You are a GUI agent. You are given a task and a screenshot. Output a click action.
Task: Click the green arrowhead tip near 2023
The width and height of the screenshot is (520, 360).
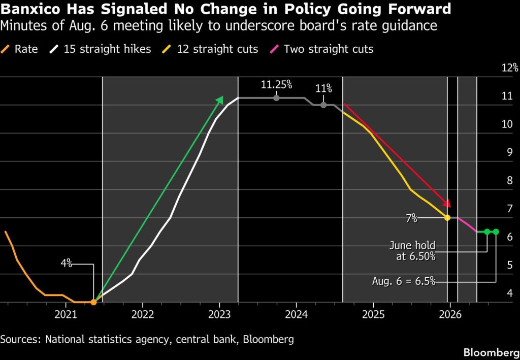(223, 96)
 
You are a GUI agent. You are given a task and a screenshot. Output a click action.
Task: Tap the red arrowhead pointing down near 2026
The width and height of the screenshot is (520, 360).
(447, 204)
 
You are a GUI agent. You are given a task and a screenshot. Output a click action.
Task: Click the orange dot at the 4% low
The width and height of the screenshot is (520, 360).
(93, 302)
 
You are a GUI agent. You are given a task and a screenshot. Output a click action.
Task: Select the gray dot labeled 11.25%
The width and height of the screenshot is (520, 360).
(276, 98)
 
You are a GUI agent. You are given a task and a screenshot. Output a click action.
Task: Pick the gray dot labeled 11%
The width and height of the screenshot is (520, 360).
(323, 105)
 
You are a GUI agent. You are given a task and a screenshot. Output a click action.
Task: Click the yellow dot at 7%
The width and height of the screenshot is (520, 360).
(447, 218)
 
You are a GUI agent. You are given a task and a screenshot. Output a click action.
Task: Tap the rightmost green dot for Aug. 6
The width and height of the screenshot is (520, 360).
(496, 232)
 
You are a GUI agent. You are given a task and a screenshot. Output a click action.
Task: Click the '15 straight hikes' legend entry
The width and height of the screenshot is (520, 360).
(100, 49)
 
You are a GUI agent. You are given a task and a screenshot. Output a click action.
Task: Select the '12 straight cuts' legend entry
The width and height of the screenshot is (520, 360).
(210, 49)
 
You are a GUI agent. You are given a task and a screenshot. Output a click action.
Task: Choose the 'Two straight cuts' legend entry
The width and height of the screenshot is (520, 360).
(321, 49)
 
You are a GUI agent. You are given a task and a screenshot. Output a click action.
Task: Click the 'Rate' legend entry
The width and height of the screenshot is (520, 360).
(19, 49)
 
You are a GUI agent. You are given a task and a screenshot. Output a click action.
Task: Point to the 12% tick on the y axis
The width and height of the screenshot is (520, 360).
(510, 68)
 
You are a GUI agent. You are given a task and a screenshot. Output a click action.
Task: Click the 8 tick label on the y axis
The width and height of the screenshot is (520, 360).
(510, 180)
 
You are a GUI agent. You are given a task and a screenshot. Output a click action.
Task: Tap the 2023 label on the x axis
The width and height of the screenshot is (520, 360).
(219, 314)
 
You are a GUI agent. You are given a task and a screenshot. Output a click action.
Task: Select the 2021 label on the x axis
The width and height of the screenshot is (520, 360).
(66, 314)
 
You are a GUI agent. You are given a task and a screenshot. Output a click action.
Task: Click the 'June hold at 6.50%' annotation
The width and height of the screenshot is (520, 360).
(412, 251)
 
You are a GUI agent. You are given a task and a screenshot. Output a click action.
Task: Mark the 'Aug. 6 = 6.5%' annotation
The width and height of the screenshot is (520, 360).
(404, 281)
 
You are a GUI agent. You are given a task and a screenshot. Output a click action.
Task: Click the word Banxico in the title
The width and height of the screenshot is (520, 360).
(30, 9)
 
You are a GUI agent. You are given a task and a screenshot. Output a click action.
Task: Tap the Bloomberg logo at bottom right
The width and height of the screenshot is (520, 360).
(491, 352)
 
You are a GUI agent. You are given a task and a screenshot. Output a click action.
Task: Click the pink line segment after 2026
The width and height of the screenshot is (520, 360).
(467, 225)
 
